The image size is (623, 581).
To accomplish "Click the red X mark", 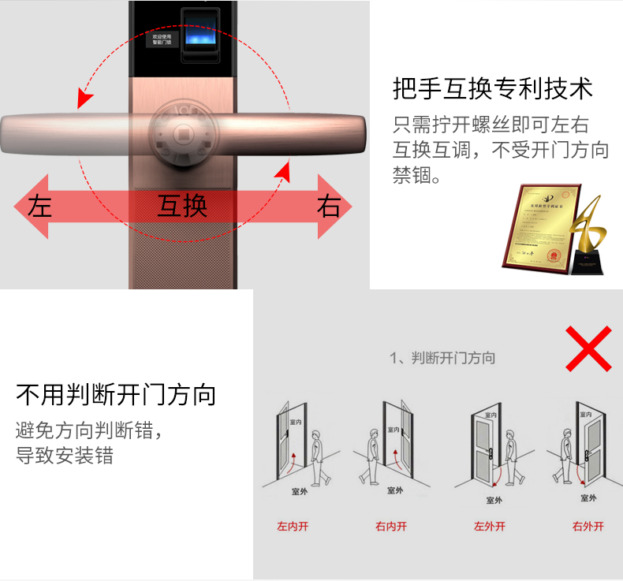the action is (588, 348).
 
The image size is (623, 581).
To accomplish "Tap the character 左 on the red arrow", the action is (39, 207).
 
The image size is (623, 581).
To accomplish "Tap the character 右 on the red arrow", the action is (329, 207).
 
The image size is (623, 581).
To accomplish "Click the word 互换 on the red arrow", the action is (182, 207).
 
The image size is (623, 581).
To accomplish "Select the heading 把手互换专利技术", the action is (492, 88).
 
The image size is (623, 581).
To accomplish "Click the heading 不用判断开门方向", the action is (116, 394).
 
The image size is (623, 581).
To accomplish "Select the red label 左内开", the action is (292, 527).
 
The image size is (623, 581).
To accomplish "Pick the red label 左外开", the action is (489, 527).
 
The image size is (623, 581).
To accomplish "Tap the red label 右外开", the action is (588, 527).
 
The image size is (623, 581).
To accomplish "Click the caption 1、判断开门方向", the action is (442, 358).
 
